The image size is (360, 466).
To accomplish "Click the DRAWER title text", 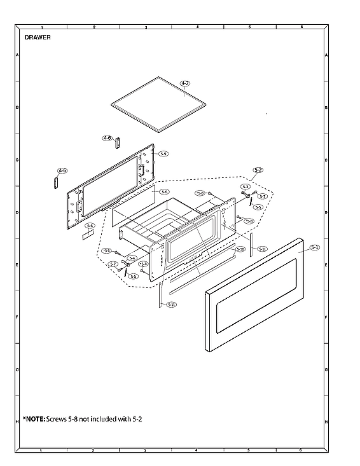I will [38, 38].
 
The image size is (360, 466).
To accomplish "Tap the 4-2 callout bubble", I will [185, 83].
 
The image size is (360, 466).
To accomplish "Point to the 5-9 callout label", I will [163, 154].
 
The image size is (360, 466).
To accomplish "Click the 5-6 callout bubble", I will [164, 191].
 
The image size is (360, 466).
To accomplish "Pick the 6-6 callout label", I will [90, 226].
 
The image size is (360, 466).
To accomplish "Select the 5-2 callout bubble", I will [258, 170].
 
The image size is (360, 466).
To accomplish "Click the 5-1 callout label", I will [315, 247].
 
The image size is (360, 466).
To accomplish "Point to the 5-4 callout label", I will [132, 257].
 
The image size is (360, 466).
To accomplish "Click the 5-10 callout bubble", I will [240, 250].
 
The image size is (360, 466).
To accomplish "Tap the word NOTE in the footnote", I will [34, 420].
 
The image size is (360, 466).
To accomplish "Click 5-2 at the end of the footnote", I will [136, 420].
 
